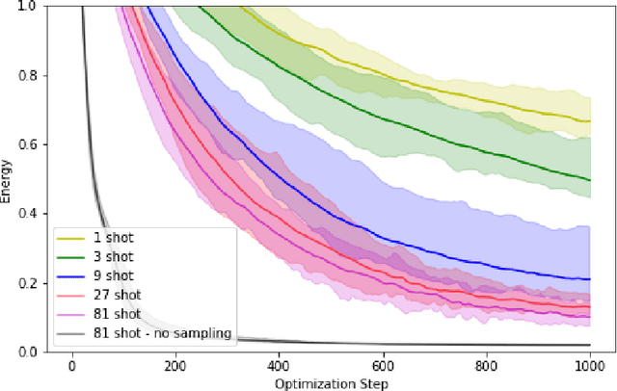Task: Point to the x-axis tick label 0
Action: point(71,366)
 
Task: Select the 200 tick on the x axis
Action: point(174,366)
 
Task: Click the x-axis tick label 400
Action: point(279,366)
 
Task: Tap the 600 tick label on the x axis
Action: point(382,366)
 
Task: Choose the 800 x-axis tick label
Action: point(486,366)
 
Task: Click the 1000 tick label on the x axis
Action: point(589,366)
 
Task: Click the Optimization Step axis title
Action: point(330,382)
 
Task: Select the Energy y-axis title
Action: point(8,179)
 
